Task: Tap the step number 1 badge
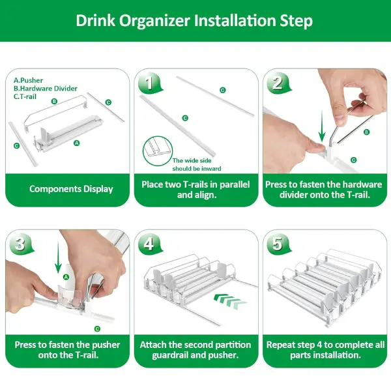[x=150, y=83]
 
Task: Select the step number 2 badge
[x=278, y=83]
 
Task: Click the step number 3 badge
[x=21, y=244]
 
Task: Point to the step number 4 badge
[x=150, y=244]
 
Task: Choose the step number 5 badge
[x=278, y=244]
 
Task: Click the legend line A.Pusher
[x=28, y=80]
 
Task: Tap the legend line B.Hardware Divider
[x=46, y=89]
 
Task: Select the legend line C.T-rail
[x=25, y=96]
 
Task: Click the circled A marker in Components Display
[x=77, y=143]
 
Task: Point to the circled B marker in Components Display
[x=54, y=101]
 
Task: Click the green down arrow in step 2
[x=322, y=127]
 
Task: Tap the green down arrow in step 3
[x=58, y=257]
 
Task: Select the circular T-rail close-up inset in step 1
[x=158, y=151]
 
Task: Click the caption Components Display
[x=71, y=189]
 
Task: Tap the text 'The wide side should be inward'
[x=197, y=165]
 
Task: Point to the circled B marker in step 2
[x=366, y=132]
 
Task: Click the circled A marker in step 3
[x=66, y=277]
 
